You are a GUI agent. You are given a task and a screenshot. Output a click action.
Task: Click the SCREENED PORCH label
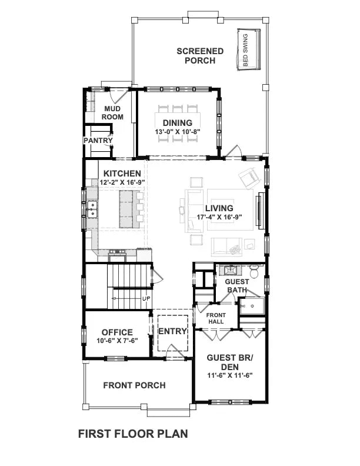click(x=200, y=55)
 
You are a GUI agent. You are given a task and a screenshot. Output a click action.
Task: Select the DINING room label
click(x=178, y=123)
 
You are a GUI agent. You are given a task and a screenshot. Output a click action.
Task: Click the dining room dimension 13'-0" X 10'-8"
click(x=178, y=132)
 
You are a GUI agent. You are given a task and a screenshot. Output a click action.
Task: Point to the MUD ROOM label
click(x=113, y=113)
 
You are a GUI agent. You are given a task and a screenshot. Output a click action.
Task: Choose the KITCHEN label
click(x=122, y=174)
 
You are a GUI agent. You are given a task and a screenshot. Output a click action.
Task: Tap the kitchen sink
click(x=92, y=209)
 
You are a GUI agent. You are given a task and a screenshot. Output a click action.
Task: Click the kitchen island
click(x=126, y=209)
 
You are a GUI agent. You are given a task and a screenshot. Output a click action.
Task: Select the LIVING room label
click(x=219, y=208)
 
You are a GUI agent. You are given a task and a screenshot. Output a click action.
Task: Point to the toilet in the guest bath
click(x=254, y=271)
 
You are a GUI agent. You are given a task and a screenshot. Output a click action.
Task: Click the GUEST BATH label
click(x=237, y=285)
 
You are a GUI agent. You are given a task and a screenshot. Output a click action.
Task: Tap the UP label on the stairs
click(x=146, y=299)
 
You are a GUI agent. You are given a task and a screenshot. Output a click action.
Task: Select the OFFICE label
click(x=116, y=332)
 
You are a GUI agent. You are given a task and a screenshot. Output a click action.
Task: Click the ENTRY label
click(x=172, y=331)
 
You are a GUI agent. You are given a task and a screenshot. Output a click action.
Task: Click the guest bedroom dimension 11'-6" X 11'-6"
click(x=229, y=377)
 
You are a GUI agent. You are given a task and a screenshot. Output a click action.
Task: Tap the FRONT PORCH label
click(x=134, y=386)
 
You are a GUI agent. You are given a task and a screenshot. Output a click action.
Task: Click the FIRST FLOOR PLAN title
click(x=133, y=434)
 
